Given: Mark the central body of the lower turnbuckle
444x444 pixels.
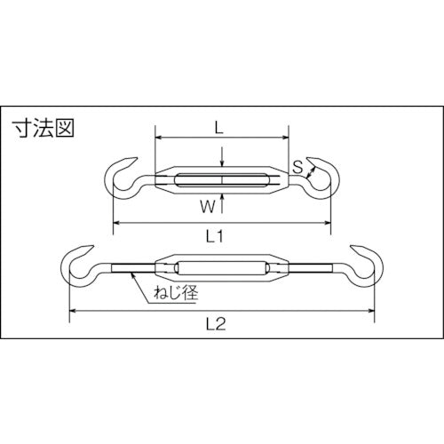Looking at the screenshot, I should [x=222, y=268].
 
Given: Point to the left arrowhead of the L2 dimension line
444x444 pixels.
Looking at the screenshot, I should [x=72, y=311].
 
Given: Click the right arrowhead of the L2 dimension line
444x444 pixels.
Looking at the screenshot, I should [x=372, y=311].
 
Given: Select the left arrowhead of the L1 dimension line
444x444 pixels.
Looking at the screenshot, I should [x=115, y=222].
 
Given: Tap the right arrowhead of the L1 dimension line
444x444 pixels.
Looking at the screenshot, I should [x=329, y=222].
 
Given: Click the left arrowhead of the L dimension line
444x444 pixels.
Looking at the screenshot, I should [x=158, y=138].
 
